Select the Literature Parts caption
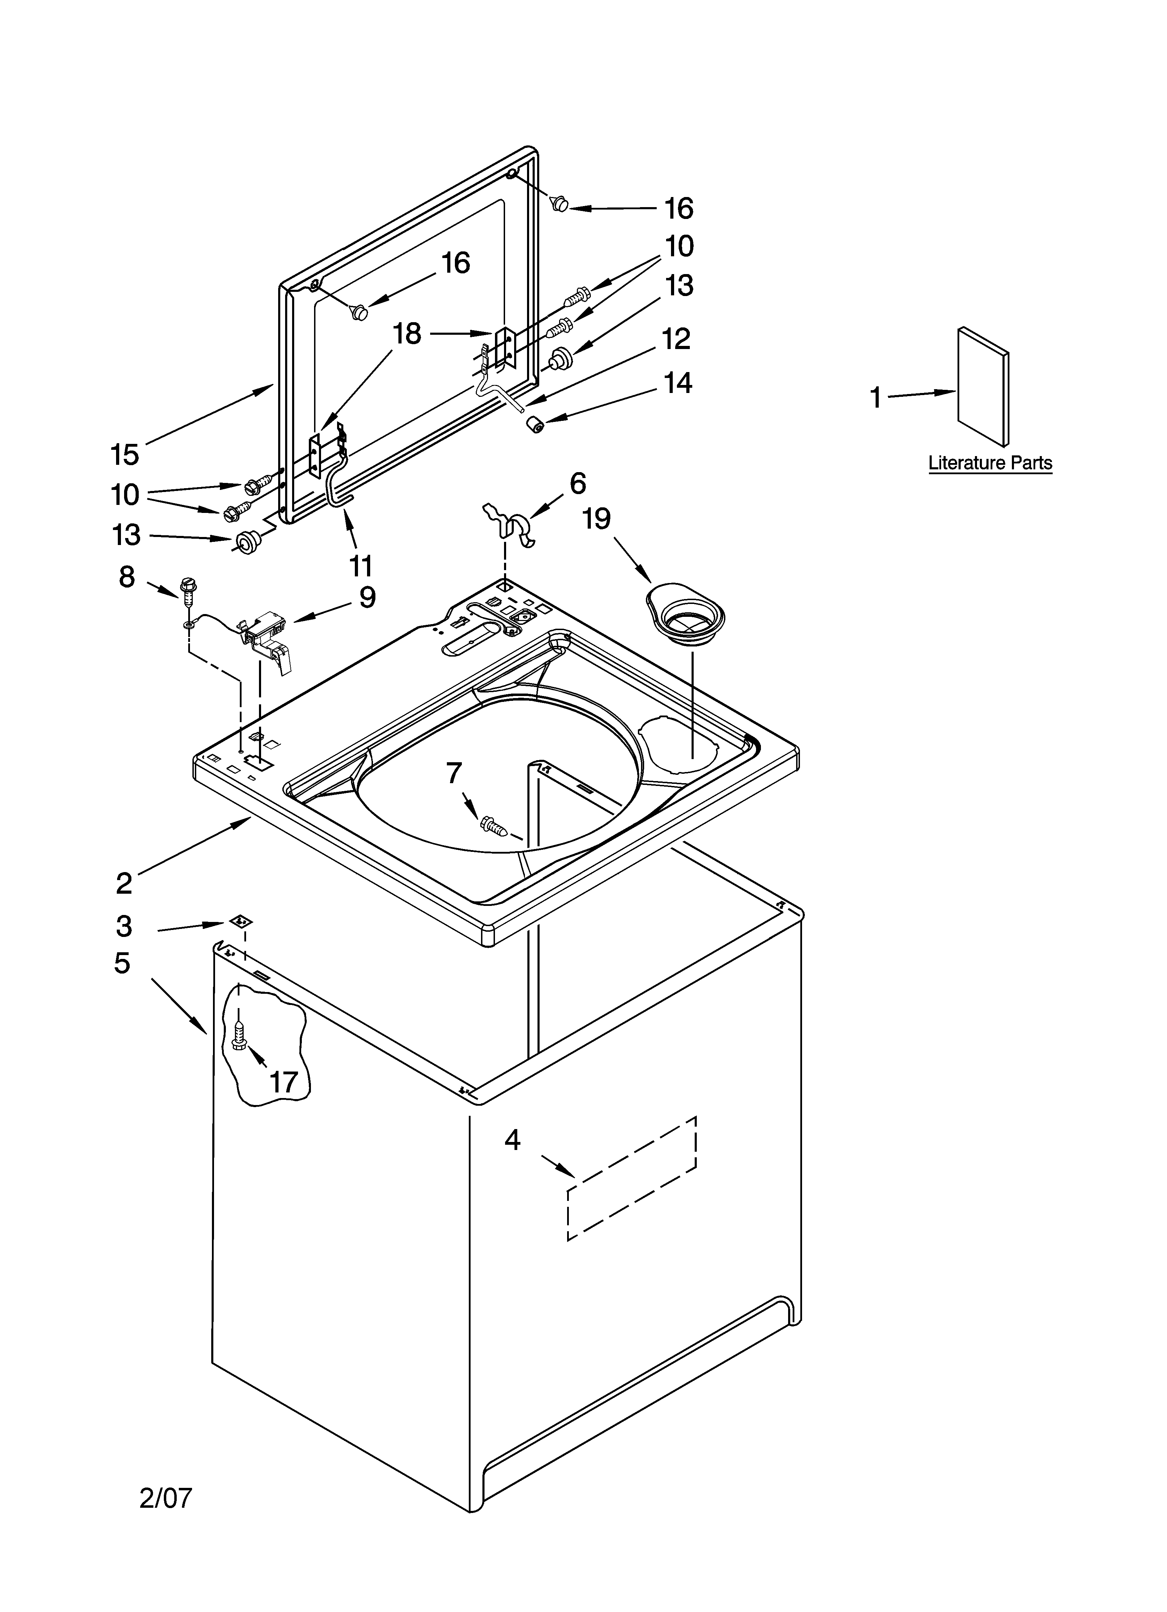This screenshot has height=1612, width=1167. click(x=990, y=463)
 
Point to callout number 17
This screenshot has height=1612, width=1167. click(x=284, y=1082)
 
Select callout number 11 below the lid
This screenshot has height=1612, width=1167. click(x=361, y=567)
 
